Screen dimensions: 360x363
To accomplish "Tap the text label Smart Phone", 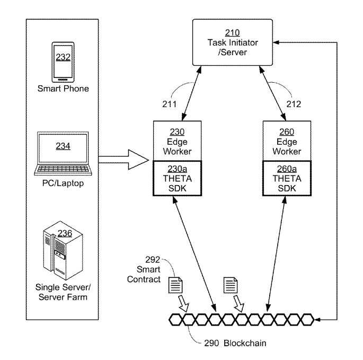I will (63, 89).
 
